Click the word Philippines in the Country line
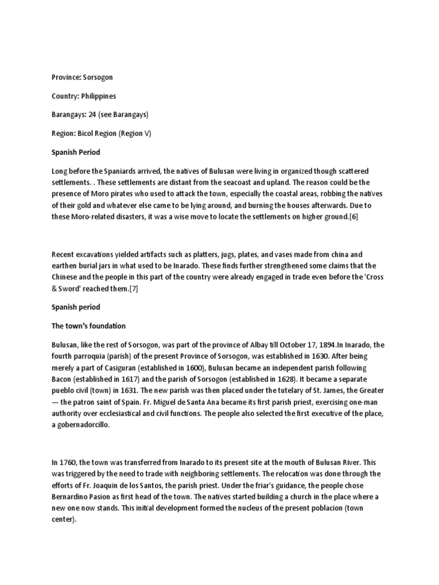click(99, 96)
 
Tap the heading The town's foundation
click(88, 326)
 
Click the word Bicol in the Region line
click(88, 134)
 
